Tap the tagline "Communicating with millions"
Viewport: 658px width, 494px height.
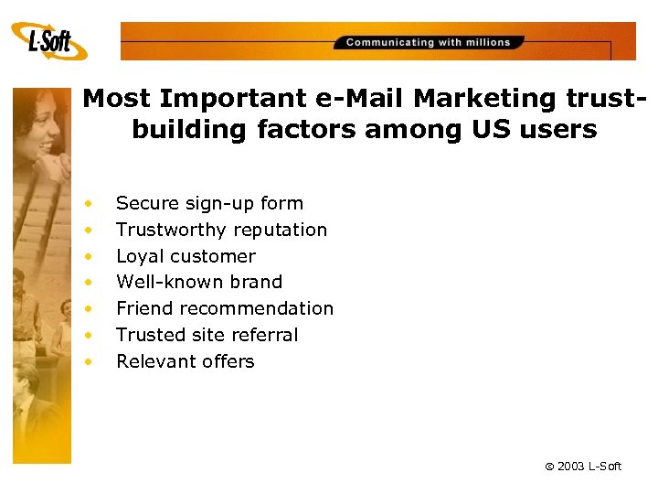pyautogui.click(x=428, y=42)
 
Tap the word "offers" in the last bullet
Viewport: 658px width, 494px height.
pyautogui.click(x=227, y=361)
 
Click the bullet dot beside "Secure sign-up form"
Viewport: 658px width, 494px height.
pyautogui.click(x=89, y=203)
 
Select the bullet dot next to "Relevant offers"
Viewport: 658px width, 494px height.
pyautogui.click(x=89, y=361)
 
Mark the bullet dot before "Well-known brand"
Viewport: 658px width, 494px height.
pyautogui.click(x=89, y=282)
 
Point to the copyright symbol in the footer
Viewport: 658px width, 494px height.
pyautogui.click(x=549, y=467)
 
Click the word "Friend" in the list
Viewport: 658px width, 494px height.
pyautogui.click(x=143, y=308)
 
